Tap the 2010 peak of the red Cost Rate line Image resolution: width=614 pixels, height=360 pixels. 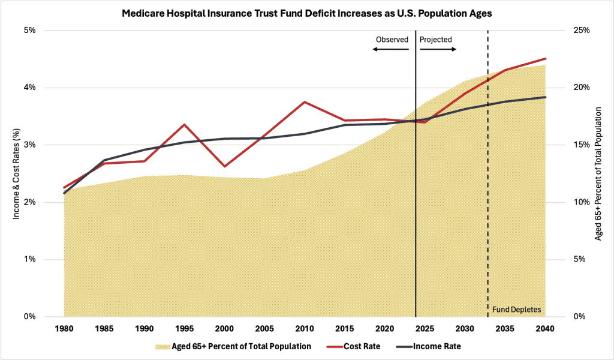point(305,102)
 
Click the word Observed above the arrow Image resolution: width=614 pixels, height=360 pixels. point(392,40)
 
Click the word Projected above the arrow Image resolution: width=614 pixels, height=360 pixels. point(436,40)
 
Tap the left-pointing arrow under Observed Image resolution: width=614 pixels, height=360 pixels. point(390,50)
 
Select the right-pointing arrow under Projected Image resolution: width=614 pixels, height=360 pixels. point(438,50)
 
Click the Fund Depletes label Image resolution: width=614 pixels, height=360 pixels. point(516,310)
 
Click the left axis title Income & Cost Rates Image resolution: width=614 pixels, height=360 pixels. point(17,174)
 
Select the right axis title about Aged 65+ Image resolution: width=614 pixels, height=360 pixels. point(598,174)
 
